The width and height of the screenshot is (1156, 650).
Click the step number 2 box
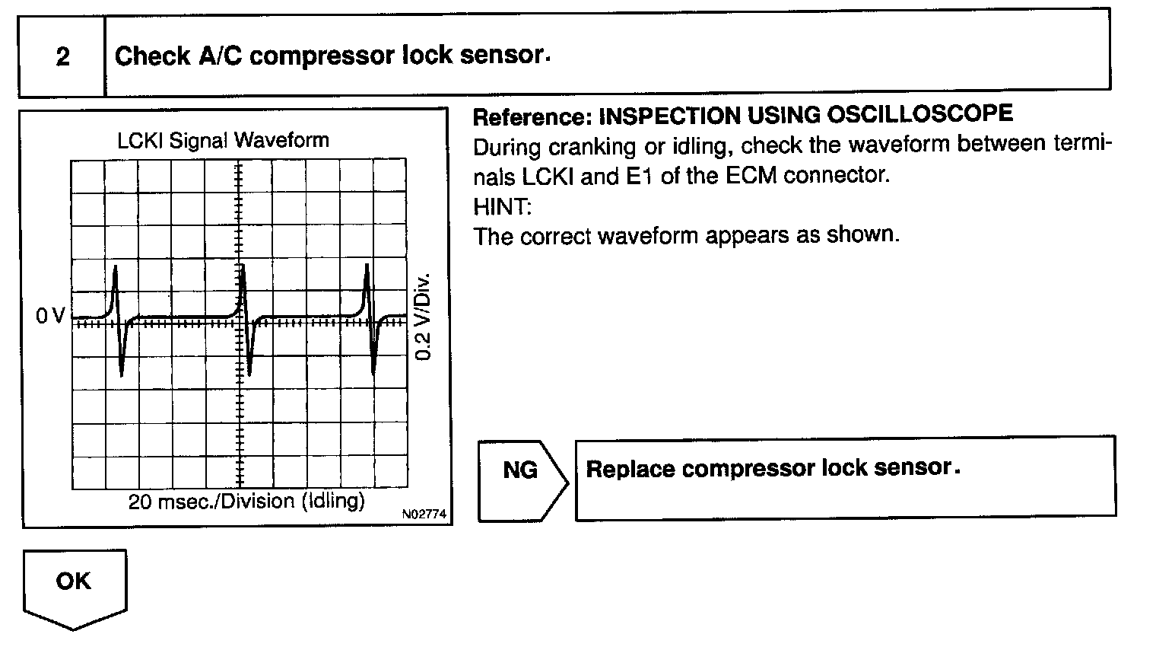[62, 56]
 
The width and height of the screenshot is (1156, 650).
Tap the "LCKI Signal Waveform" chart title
[223, 140]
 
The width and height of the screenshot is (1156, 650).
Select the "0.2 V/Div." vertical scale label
[424, 316]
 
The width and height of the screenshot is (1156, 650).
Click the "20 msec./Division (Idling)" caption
[246, 502]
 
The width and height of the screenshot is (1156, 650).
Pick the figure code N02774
[425, 515]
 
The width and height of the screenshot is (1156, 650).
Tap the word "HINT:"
[502, 206]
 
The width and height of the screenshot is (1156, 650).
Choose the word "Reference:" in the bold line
[532, 116]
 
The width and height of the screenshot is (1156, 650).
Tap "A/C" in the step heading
[221, 56]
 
